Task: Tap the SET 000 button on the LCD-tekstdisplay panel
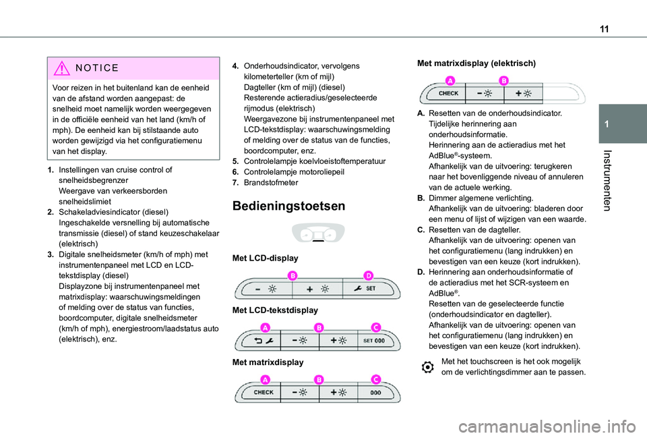[x=374, y=341]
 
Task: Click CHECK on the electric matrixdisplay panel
[x=450, y=93]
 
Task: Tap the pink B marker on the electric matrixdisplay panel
[x=503, y=80]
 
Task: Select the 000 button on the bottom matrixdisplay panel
[x=376, y=392]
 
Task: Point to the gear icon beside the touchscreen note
[x=427, y=367]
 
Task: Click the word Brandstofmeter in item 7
[x=274, y=182]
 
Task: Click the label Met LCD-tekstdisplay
[x=274, y=310]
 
